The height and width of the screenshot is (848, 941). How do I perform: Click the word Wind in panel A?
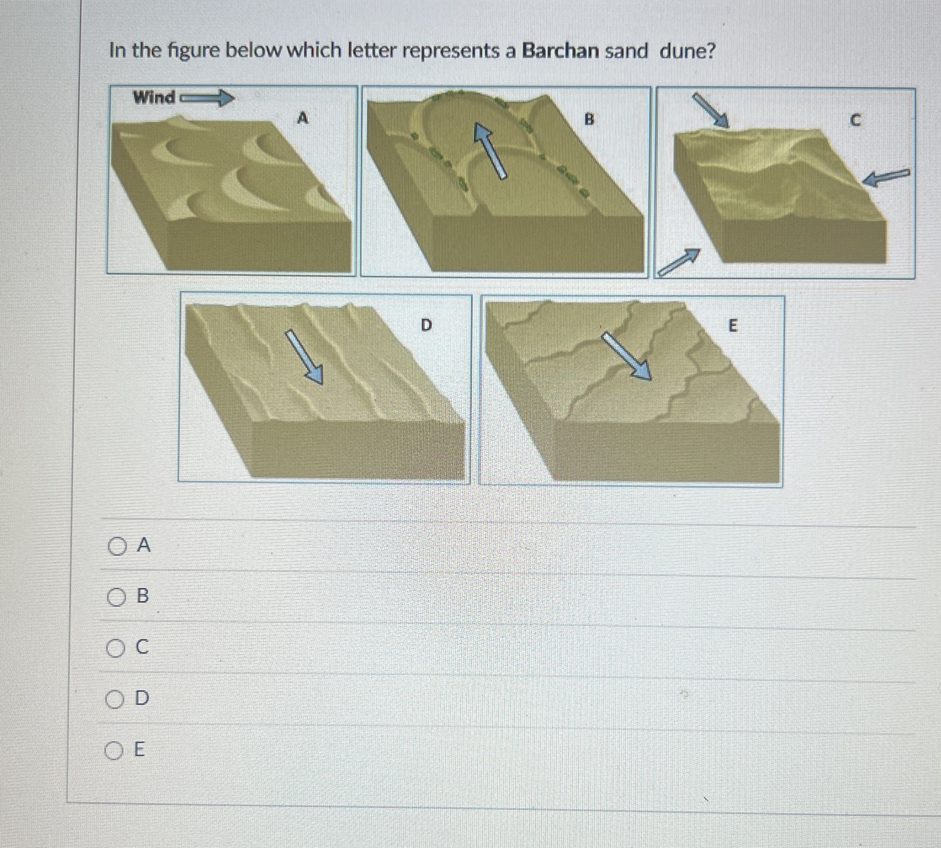154,98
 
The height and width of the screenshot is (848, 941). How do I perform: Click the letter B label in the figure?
589,120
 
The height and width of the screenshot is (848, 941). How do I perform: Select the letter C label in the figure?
854,121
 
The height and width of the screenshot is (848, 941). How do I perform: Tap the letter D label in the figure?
426,325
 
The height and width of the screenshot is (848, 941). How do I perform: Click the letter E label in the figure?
732,326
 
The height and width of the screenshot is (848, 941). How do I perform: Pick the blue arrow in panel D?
304,356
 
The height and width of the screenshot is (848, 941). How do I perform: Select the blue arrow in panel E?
627,356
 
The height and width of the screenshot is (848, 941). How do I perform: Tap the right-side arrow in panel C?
885,178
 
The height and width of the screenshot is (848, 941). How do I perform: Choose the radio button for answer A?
117,546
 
